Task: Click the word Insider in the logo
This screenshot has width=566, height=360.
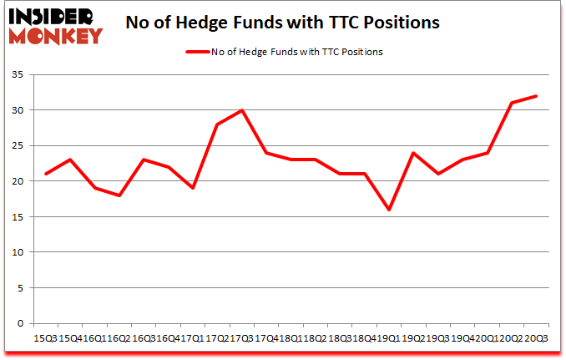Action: (53, 15)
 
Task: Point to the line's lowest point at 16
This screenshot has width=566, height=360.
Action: (388, 210)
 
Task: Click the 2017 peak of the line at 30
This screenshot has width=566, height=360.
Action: (241, 110)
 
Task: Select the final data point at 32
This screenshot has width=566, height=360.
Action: (535, 96)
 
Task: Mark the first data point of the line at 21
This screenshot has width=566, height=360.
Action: (46, 174)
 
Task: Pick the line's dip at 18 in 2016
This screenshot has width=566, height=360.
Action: (119, 195)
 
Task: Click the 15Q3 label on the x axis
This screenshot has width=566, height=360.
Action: (45, 337)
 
